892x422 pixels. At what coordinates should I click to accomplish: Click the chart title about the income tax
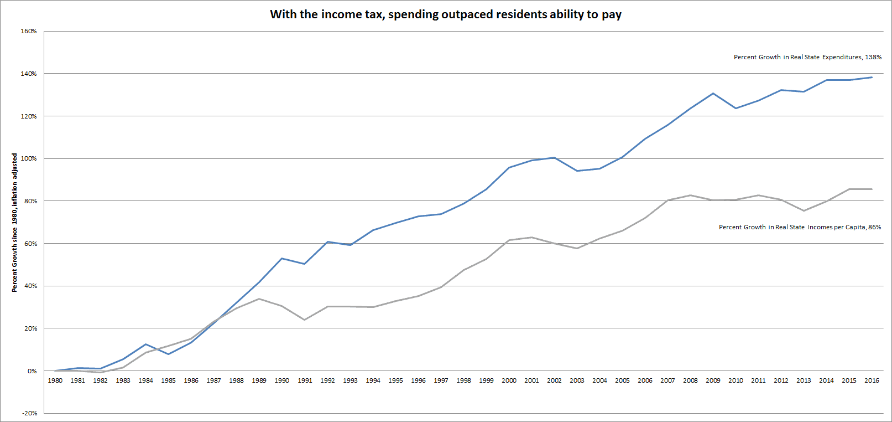[x=445, y=14]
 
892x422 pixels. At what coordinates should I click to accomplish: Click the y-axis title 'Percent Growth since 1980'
[x=14, y=223]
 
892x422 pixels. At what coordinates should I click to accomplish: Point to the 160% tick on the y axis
[x=29, y=31]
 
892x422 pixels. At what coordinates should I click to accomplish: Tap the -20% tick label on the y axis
[x=29, y=413]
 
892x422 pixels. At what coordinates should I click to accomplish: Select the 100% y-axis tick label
[x=29, y=158]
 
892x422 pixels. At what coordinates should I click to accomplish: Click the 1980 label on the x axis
[x=55, y=380]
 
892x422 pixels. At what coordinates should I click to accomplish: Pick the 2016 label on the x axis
[x=872, y=380]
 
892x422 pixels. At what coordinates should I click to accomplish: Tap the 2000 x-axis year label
[x=509, y=380]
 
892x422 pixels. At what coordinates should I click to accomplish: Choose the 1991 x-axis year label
[x=305, y=380]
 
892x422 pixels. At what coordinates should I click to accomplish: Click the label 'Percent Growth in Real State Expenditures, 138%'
[x=807, y=57]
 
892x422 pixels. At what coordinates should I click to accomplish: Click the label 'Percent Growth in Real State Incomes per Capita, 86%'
[x=800, y=227]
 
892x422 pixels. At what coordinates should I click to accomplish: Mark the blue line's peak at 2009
[x=713, y=94]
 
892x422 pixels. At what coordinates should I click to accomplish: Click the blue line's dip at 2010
[x=735, y=108]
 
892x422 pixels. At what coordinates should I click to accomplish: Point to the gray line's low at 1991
[x=305, y=320]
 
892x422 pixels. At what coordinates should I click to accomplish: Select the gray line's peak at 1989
[x=259, y=299]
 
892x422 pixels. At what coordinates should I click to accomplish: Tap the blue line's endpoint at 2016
[x=872, y=78]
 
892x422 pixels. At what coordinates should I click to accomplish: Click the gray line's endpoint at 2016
[x=872, y=189]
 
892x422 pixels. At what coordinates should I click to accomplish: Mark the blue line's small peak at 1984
[x=145, y=344]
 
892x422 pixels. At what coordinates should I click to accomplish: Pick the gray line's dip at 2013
[x=804, y=211]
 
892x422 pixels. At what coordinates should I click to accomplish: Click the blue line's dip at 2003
[x=577, y=171]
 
